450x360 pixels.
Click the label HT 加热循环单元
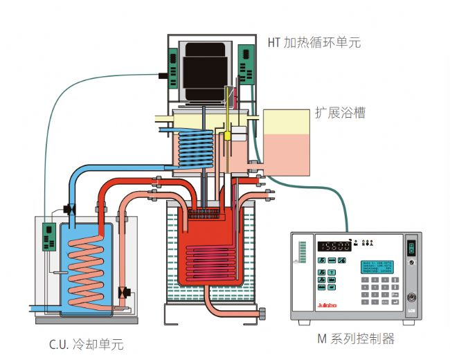click(x=314, y=42)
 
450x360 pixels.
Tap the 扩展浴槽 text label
click(x=340, y=112)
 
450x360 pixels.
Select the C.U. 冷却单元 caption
click(x=87, y=343)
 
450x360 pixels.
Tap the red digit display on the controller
click(x=334, y=246)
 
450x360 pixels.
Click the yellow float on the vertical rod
click(x=226, y=136)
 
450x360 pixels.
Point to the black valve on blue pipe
click(x=69, y=208)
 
